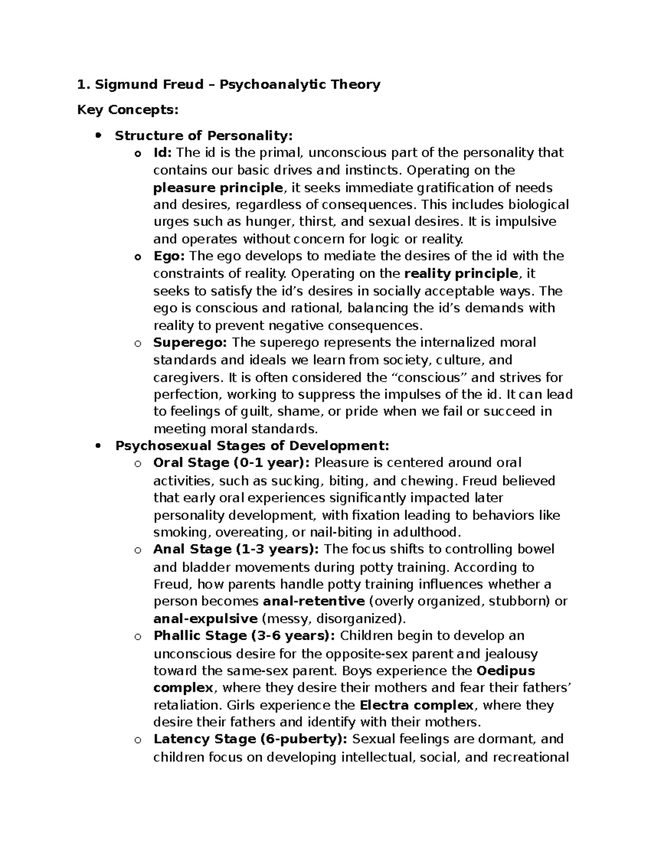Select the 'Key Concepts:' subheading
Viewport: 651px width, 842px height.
point(127,110)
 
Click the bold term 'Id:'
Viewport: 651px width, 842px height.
point(162,153)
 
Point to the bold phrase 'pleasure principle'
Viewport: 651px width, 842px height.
point(218,188)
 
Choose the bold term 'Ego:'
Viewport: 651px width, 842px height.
point(169,256)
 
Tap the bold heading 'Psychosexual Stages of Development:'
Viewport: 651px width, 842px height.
point(252,446)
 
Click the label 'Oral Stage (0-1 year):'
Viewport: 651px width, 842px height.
point(232,463)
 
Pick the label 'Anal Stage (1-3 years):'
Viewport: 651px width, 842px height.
point(236,549)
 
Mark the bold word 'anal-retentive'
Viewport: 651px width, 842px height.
point(313,601)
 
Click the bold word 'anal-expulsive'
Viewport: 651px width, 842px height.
point(206,619)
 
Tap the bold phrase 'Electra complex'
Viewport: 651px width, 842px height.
point(417,705)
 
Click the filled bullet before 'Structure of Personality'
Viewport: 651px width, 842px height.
point(98,136)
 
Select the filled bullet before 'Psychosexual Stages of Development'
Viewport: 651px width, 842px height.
point(98,446)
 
